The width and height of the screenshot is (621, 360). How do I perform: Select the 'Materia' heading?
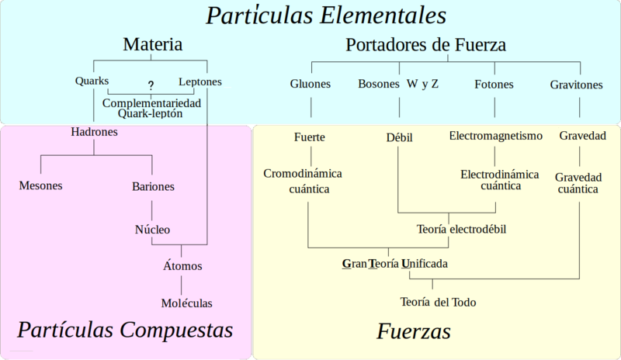pos(153,45)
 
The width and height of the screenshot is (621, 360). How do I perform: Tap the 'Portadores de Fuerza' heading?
pos(425,45)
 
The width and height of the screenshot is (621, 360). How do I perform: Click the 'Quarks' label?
pos(92,81)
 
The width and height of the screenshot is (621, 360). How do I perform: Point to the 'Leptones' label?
pos(200,81)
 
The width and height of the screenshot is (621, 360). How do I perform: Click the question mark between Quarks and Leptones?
pos(151,85)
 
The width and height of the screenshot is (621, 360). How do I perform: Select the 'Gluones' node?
pos(310,84)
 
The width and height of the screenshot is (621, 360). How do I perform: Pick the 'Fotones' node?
pos(494,84)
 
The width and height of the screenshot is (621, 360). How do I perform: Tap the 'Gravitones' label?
pos(576,84)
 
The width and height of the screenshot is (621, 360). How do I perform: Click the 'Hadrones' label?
pos(94,132)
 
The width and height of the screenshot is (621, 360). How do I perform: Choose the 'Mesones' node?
pos(40,185)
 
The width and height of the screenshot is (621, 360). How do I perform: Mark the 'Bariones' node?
pos(153,186)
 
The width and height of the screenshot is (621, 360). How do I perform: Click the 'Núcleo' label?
pos(152,229)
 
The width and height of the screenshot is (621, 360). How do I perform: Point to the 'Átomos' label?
pos(182,265)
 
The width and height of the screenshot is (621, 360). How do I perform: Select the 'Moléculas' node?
pos(186,303)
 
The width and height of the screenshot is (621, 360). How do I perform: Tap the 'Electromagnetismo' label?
pos(496,137)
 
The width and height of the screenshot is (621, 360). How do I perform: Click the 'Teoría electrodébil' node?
pos(462,229)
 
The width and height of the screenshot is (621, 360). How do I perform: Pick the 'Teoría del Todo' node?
pos(438,301)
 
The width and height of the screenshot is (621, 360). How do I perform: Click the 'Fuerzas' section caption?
pos(414,331)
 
